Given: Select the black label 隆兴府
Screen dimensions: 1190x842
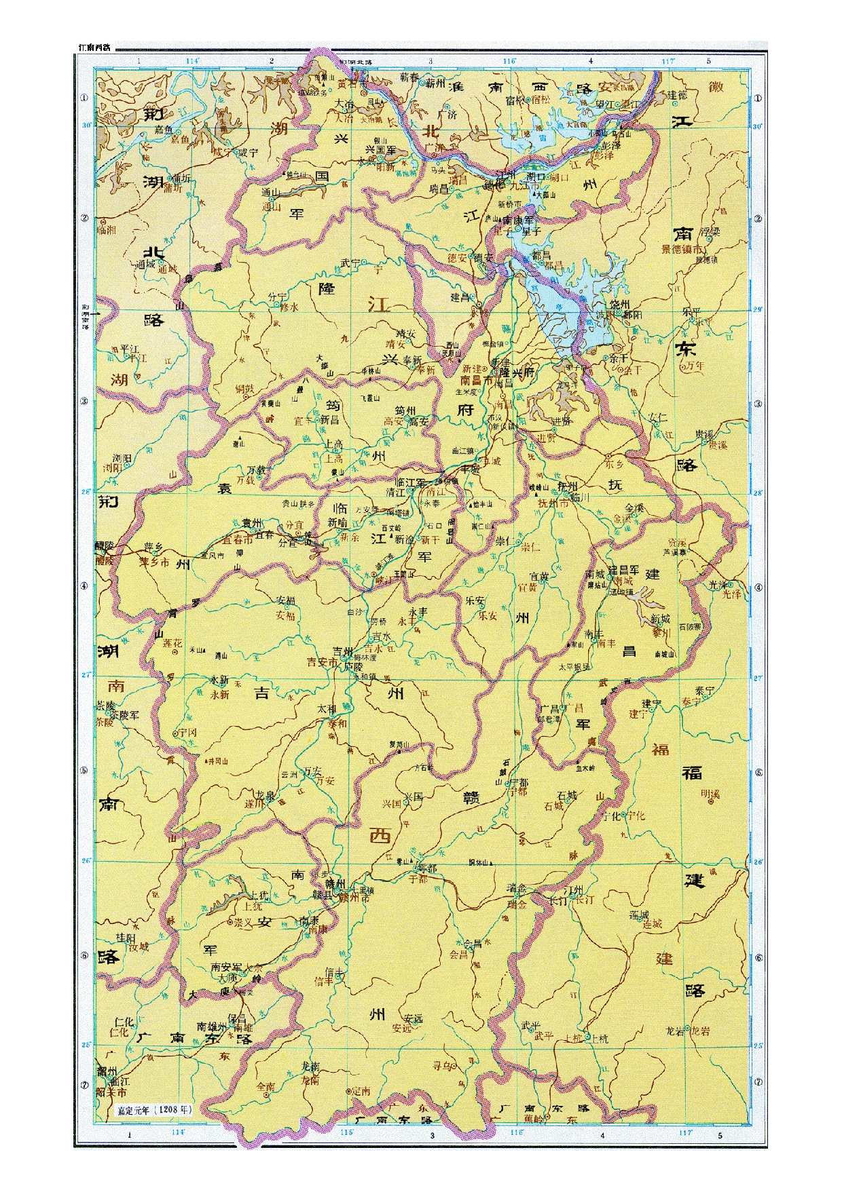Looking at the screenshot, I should tap(518, 372).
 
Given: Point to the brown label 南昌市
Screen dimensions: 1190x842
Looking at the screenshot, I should tap(478, 381).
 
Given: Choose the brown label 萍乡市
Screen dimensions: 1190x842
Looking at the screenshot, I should tap(154, 562).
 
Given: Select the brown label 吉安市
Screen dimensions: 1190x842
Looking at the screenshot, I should tap(323, 662).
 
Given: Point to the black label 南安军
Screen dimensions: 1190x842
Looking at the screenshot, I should tap(226, 967).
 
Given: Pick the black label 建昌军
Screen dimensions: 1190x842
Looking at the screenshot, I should tap(623, 571).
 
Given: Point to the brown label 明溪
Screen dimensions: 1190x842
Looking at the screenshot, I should tap(710, 794).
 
